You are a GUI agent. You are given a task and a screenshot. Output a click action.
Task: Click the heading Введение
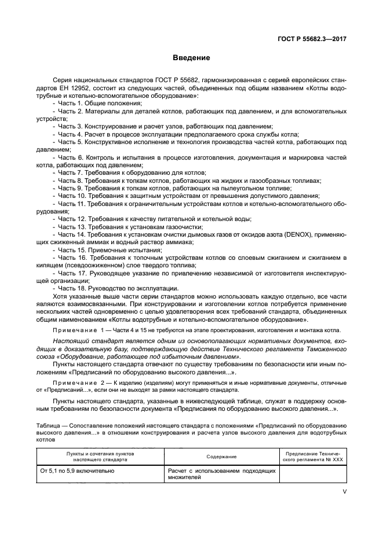pyautogui.click(x=191, y=58)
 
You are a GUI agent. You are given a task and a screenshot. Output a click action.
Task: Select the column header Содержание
pyautogui.click(x=222, y=457)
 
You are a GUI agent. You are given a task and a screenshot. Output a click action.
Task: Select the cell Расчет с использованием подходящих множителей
pyautogui.click(x=221, y=474)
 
